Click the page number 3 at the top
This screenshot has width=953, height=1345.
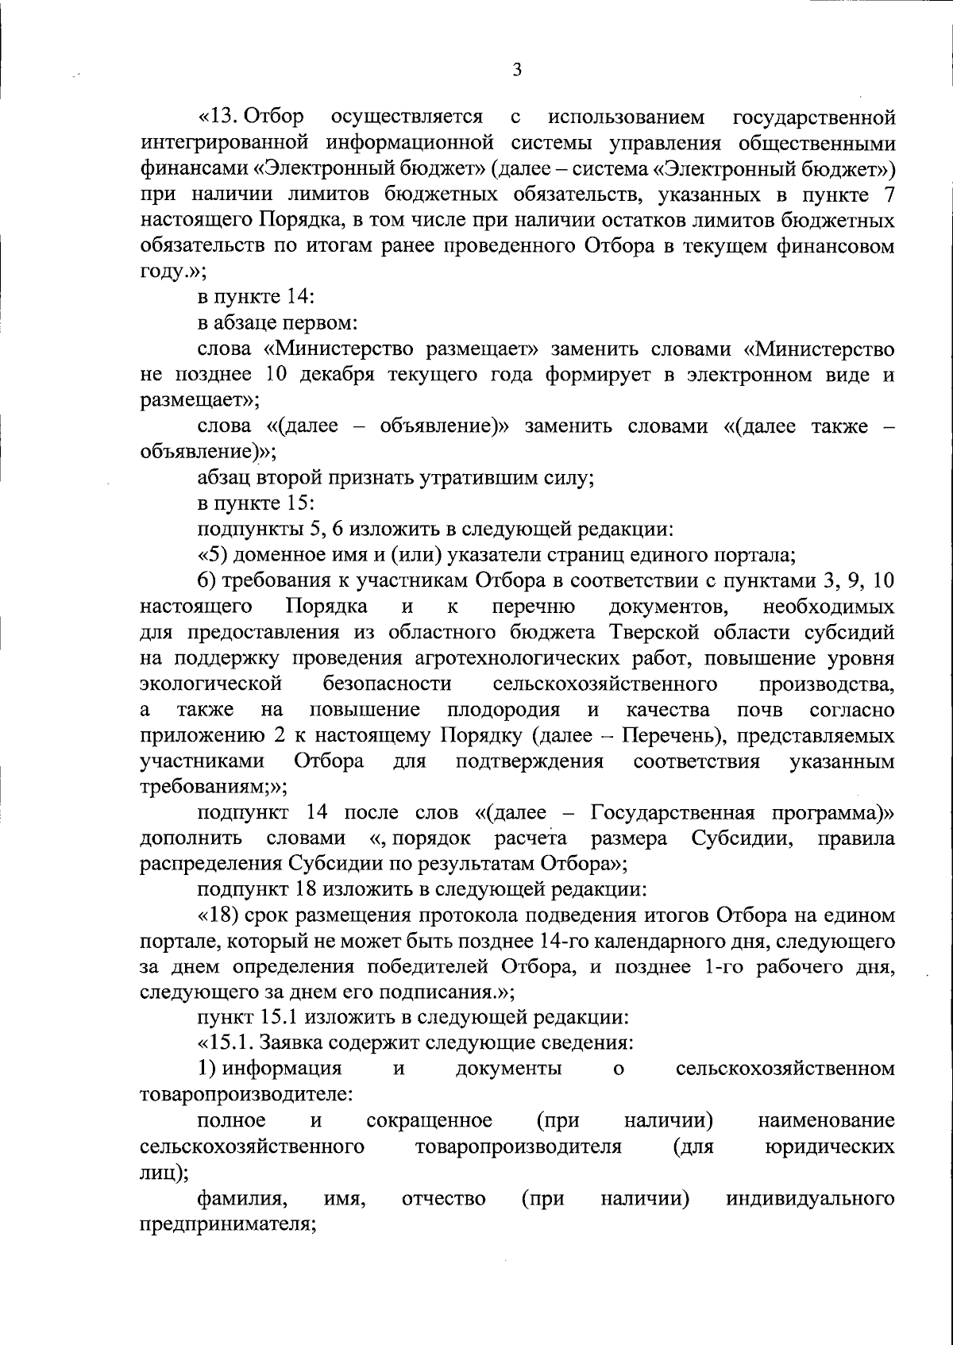tap(517, 70)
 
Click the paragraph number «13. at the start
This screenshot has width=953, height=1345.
tap(220, 118)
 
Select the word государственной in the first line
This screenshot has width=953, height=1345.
tap(813, 118)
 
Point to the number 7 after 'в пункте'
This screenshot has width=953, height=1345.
tap(889, 195)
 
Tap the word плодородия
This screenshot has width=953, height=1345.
tap(504, 710)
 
